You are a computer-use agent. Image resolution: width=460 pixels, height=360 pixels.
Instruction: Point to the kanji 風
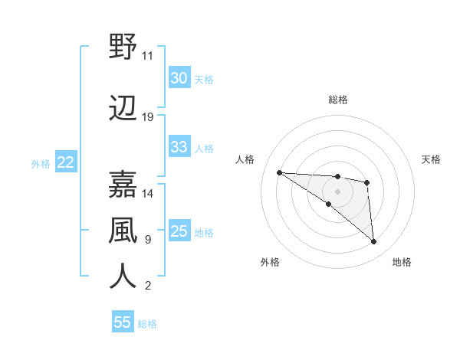[x=123, y=231]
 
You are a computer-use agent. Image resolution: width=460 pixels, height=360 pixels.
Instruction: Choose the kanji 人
[x=123, y=277]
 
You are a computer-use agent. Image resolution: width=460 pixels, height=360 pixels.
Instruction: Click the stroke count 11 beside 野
[x=148, y=56]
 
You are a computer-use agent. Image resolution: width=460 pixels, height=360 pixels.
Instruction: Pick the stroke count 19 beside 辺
[x=148, y=117]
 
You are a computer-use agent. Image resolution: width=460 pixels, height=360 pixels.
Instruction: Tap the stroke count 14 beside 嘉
[x=148, y=194]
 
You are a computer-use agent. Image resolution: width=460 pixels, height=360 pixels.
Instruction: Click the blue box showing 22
[x=65, y=162]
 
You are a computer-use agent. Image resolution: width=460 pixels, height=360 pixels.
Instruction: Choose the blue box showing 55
[x=123, y=322]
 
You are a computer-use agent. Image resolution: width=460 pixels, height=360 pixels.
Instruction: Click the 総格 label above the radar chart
[x=338, y=100]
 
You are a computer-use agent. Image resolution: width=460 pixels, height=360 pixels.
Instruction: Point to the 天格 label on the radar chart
[x=431, y=159]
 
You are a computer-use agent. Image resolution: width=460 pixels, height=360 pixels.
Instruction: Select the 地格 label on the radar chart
[x=402, y=262]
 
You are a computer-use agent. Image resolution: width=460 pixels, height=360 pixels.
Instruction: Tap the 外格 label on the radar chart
[x=270, y=262]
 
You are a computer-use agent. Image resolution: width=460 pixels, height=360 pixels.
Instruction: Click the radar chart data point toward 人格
[x=280, y=172]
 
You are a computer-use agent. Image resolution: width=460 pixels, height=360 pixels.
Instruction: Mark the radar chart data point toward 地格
[x=374, y=242]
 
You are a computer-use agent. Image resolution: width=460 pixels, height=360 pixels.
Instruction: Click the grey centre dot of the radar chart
[x=338, y=191]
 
